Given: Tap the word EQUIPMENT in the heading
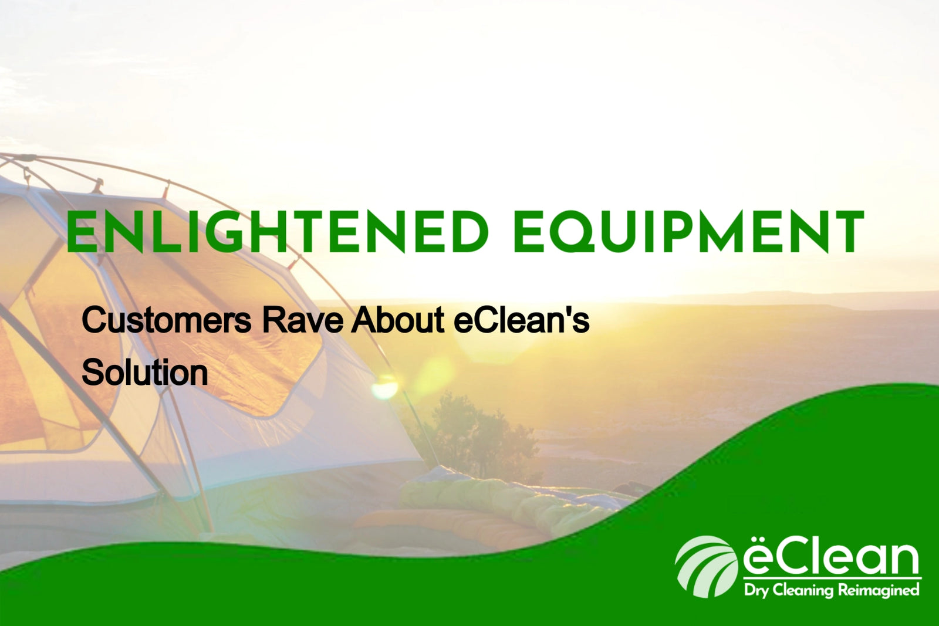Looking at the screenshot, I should pos(688,232).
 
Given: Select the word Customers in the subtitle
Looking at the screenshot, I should pos(166,320).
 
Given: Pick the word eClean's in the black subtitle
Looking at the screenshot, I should pos(521,320).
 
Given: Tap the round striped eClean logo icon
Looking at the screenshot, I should pos(706,566).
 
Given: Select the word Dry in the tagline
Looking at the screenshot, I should pos(756,590).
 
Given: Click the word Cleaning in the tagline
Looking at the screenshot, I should pos(803,590).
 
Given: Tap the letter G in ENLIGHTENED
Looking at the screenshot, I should pos(222,233).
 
